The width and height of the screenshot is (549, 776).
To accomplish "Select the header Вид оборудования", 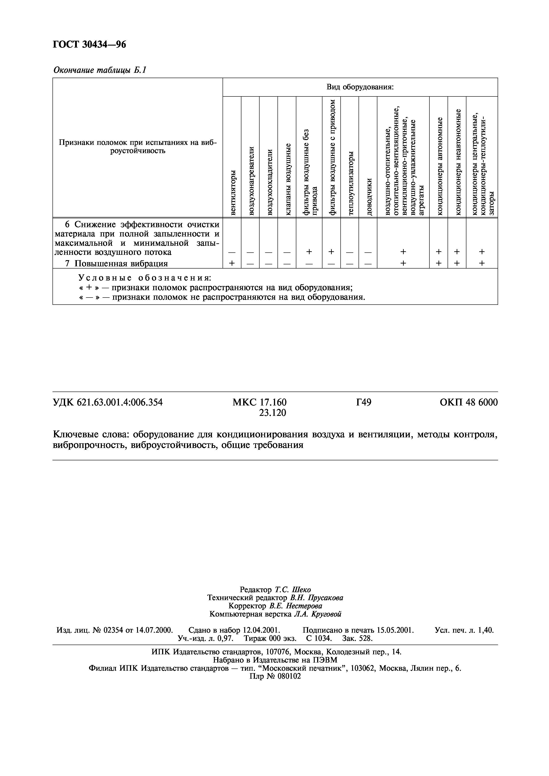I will [x=360, y=87].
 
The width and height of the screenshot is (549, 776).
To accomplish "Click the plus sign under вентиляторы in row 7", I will [x=232, y=263].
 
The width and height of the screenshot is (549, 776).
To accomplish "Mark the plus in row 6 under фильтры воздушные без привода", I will [x=309, y=252].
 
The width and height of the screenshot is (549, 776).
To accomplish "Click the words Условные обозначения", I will [x=144, y=278].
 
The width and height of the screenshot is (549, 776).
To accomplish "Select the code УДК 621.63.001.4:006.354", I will [x=108, y=402].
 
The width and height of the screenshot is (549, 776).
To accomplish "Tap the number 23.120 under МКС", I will [x=272, y=413].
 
